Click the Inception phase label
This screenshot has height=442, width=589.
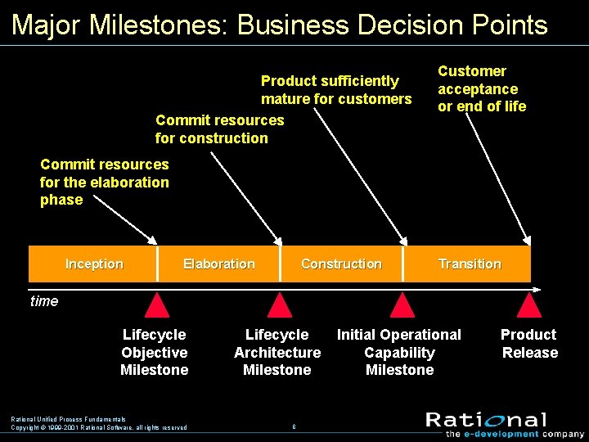(94, 264)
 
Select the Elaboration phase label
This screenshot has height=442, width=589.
(218, 264)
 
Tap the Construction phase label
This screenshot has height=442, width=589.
(341, 264)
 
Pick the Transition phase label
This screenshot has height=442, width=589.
(470, 264)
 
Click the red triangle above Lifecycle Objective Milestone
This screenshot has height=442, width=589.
(156, 306)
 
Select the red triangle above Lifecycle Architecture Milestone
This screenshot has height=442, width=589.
(280, 306)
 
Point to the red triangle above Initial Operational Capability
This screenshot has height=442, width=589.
(401, 306)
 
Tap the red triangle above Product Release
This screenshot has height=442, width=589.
(529, 306)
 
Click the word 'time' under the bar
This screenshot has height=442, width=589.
(44, 301)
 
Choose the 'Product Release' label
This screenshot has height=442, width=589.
(529, 344)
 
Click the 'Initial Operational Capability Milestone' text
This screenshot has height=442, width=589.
(399, 352)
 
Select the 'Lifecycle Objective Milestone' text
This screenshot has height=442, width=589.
(154, 352)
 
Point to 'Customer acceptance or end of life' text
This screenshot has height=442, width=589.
(481, 88)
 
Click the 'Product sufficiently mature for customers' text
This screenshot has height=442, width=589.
(335, 90)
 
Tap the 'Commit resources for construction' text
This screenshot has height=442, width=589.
(219, 129)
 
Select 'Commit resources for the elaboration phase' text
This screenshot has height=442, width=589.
(104, 182)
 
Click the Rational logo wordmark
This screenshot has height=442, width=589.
(486, 420)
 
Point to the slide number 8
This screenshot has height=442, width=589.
(294, 426)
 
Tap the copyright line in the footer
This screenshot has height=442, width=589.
(98, 427)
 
